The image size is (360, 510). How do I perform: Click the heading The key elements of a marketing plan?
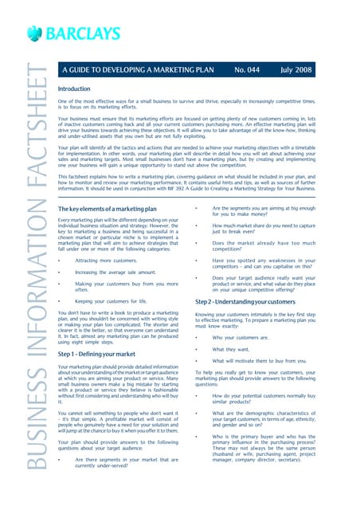click(x=109, y=209)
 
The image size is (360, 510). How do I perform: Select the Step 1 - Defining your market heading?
click(x=101, y=353)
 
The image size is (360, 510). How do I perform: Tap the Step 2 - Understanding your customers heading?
click(x=256, y=302)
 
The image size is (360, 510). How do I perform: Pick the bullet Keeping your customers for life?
click(x=111, y=301)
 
